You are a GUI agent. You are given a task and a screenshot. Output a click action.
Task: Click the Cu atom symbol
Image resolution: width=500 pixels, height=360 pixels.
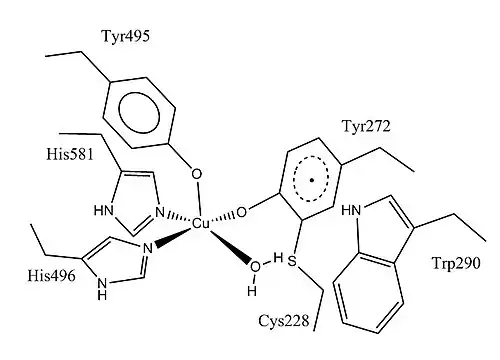click(x=201, y=223)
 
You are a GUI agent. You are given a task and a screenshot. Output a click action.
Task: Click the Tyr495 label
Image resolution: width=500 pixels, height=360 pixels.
click(x=125, y=36)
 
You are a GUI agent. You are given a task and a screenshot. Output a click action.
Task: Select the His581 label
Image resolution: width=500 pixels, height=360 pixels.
click(x=70, y=154)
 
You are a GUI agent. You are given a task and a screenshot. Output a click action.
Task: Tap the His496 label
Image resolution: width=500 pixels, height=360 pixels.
click(x=52, y=276)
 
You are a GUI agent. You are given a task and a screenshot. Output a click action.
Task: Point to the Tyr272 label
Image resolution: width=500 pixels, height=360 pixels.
click(x=366, y=127)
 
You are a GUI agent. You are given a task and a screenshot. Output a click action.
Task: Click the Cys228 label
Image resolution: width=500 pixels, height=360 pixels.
click(x=284, y=321)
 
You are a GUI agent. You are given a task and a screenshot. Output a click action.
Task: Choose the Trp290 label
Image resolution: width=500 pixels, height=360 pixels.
click(x=456, y=263)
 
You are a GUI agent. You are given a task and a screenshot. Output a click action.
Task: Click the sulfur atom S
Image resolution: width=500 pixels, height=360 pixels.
click(x=292, y=261)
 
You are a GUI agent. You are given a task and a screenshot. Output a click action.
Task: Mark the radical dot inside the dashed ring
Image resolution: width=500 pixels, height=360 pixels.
click(x=312, y=181)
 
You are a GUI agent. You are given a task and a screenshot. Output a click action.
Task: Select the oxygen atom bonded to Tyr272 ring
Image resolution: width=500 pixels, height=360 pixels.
click(x=242, y=212)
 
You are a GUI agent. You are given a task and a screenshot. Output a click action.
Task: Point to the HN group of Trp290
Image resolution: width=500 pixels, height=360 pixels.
click(x=351, y=210)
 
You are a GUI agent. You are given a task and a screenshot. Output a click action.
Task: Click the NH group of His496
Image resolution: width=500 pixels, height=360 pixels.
click(x=103, y=289)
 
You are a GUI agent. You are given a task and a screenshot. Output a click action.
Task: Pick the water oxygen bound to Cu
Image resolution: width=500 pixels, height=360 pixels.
click(x=255, y=267)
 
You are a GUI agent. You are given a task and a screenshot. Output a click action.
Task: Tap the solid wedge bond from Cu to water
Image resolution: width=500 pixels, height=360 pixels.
click(x=230, y=246)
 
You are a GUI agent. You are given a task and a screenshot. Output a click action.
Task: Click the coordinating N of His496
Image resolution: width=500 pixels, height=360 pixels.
click(x=148, y=249)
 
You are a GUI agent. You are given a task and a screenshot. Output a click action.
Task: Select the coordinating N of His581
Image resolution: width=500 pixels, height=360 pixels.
click(x=160, y=212)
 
